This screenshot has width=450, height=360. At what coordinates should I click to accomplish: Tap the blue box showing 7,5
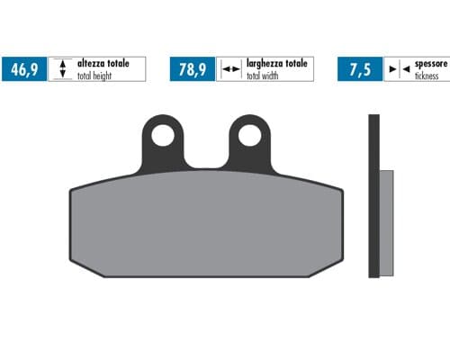tap(355, 69)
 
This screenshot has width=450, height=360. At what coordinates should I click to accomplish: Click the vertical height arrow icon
tap(61, 69)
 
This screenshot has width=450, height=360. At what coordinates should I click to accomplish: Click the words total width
tap(265, 76)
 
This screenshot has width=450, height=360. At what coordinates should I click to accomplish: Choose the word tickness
tap(426, 76)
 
